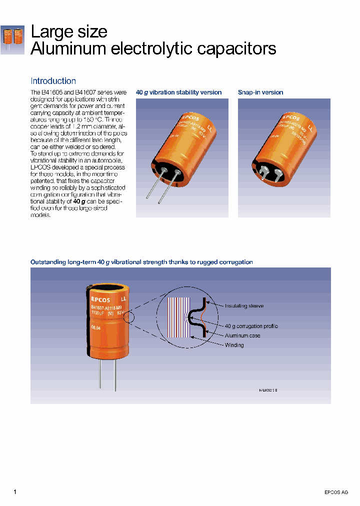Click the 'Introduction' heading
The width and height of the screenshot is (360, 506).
coord(53,81)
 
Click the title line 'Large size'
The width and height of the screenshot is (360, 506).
coord(69,31)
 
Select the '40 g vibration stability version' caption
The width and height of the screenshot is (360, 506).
coord(178,92)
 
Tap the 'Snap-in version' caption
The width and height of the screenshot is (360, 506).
coord(260,92)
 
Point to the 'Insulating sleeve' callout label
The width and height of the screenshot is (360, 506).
coord(244,305)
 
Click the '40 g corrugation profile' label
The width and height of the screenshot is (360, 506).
coord(251,326)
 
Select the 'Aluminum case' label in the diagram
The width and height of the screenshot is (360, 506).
coord(242,335)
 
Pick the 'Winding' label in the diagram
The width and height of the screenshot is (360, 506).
coord(234,345)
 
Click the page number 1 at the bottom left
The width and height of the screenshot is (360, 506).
coord(15,492)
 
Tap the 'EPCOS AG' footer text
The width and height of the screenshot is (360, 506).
coord(336,492)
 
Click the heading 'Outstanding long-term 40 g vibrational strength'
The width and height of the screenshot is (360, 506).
coord(141,262)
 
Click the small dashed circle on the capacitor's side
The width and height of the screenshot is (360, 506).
coord(131,316)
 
